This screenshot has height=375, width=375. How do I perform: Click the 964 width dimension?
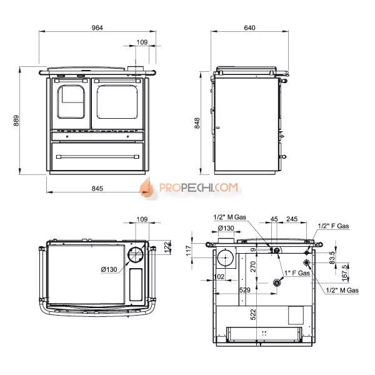[x=97, y=27]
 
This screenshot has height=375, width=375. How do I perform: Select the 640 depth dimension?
[x=249, y=27]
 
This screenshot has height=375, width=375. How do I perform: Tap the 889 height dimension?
[x=16, y=121]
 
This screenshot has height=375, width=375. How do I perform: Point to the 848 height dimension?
[x=197, y=123]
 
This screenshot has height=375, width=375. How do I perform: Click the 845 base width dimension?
[x=97, y=189]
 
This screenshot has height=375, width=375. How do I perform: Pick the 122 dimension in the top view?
[x=167, y=247]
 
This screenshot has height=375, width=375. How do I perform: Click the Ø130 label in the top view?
[x=109, y=269]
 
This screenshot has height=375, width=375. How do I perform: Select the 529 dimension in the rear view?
[x=244, y=290]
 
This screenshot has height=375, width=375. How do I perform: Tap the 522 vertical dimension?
[x=253, y=314]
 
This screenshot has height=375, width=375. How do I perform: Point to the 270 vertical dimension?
[x=253, y=266]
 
